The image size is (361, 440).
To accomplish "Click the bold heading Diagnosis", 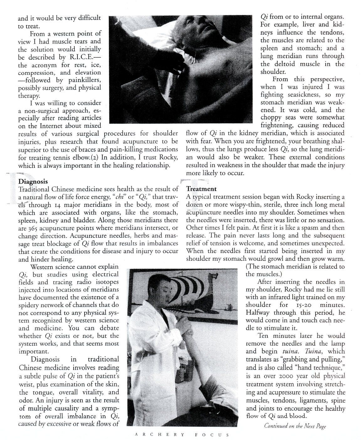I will click(x=33, y=181).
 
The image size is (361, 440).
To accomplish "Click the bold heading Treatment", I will click(x=201, y=189).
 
